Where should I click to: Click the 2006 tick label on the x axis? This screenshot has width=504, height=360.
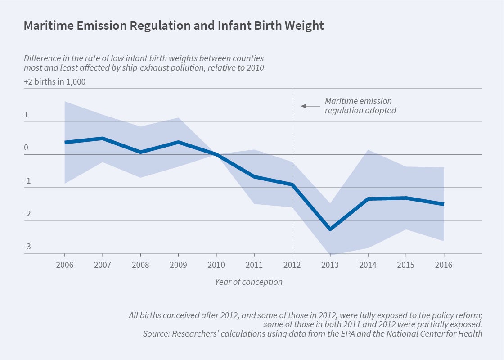coord(65,265)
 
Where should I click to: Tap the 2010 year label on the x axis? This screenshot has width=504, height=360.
coord(216,265)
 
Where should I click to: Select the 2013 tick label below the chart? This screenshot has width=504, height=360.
coord(330,265)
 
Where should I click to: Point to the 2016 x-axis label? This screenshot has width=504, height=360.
coord(444,265)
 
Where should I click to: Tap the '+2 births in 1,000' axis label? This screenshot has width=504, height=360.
coord(54,82)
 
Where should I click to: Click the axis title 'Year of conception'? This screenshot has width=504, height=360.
coord(248,282)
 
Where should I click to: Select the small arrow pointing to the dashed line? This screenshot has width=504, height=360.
coord(310,106)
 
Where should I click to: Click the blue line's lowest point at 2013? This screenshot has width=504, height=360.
coord(330,229)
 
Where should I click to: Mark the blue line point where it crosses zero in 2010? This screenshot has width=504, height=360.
coord(216,154)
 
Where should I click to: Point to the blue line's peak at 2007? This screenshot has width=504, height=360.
coord(103,138)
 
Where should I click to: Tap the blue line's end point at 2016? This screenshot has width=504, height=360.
coord(444,204)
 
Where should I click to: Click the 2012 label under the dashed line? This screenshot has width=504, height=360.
coord(292,265)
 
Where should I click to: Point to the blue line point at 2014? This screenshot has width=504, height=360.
coord(369,199)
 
